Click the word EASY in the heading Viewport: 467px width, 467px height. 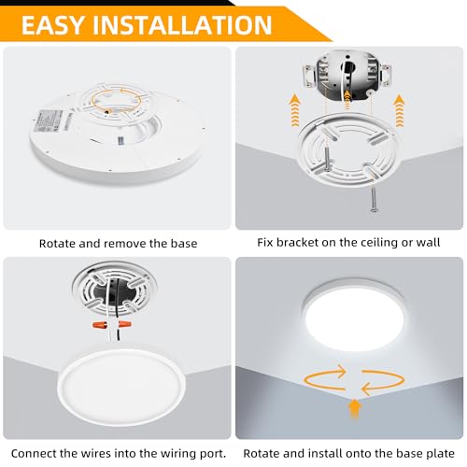[x=53, y=24]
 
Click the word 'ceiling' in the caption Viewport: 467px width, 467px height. [x=374, y=243]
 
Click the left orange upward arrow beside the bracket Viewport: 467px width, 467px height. [x=294, y=111]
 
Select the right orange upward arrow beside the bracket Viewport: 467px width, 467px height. [x=399, y=111]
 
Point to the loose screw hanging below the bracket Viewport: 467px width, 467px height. [x=374, y=200]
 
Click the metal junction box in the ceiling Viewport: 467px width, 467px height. [x=347, y=75]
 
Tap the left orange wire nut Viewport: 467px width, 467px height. [x=101, y=326]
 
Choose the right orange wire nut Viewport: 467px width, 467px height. [x=123, y=326]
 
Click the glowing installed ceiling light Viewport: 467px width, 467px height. [x=353, y=314]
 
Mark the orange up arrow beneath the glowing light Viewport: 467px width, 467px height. [x=355, y=409]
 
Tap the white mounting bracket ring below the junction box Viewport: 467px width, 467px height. [x=348, y=149]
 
